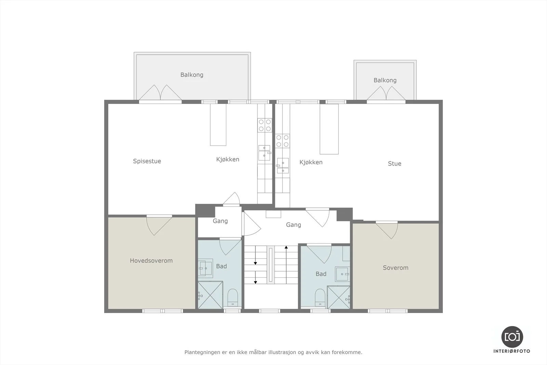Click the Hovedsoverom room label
(151, 261)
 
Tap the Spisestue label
(147, 161)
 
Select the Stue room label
(395, 164)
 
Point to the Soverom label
(396, 268)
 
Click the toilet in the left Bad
(232, 298)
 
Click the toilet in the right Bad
(320, 298)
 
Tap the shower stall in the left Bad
(210, 295)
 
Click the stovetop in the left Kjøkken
(265, 125)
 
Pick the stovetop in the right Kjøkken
(282, 141)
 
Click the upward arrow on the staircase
(286, 265)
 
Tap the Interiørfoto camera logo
(512, 337)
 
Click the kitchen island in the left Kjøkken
(218, 125)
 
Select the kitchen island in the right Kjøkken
(329, 129)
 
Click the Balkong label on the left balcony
(192, 75)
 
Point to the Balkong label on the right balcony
(385, 80)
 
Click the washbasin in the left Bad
(205, 268)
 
